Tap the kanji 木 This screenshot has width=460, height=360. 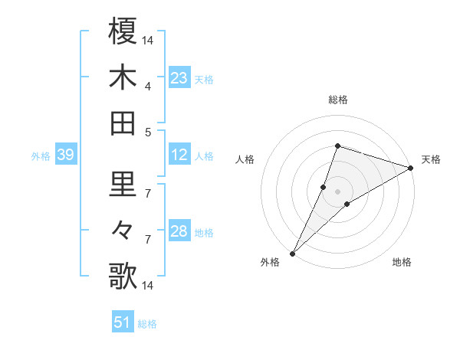coord(123,77)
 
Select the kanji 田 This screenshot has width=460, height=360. coord(123,123)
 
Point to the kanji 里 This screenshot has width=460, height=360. coord(123,185)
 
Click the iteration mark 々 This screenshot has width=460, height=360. coord(123,231)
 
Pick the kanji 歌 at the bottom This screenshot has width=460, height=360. coord(123,277)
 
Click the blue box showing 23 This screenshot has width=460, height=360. coord(179,77)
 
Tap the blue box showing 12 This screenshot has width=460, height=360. coord(179,155)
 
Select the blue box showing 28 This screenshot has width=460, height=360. coord(179,231)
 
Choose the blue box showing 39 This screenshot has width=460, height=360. coord(66,155)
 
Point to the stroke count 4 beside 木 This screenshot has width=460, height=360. coord(147,86)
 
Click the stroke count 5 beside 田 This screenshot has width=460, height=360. coord(147,132)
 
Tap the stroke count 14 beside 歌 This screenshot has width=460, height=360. coord(147,286)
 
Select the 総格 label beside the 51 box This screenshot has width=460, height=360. coord(147,324)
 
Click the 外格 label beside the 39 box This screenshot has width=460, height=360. coord(41,156)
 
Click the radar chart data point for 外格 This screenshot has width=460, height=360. coord(292,253)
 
